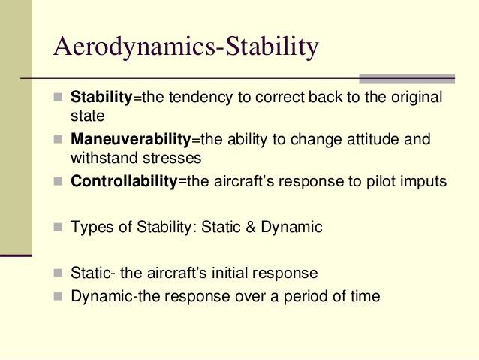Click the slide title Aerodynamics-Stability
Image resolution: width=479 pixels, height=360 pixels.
click(186, 47)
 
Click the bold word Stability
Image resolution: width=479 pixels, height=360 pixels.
click(101, 97)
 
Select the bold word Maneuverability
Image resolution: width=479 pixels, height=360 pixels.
click(131, 139)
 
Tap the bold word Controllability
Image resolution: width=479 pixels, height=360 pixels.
click(124, 181)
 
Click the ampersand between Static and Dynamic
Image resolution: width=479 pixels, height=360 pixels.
click(251, 227)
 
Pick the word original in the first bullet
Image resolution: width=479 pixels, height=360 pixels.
click(417, 98)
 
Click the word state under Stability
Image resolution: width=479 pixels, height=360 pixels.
click(88, 116)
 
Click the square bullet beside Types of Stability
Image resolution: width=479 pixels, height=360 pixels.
click(58, 227)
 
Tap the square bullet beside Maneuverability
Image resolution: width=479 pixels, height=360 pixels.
click(58, 139)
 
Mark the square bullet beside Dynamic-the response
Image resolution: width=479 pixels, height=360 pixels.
click(58, 296)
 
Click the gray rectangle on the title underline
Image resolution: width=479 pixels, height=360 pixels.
click(407, 79)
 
